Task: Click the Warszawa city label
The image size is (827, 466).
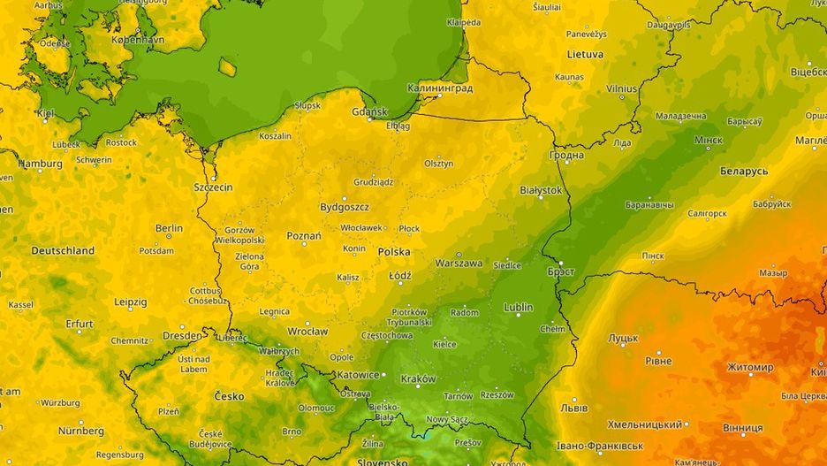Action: point(459,264)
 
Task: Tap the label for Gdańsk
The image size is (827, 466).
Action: point(369,112)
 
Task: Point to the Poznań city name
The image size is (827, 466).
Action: point(304,237)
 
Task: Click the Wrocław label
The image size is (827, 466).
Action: point(307,332)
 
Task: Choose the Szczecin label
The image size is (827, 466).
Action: point(213,187)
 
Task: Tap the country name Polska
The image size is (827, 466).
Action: point(394,252)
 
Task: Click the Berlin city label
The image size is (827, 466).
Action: point(169,228)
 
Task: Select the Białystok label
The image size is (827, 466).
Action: point(541,190)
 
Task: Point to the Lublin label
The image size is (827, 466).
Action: point(518,308)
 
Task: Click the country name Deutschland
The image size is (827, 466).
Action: point(63,251)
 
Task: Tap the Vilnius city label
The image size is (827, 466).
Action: point(621,89)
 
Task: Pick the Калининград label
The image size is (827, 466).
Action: point(440,88)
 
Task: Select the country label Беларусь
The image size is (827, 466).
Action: point(744,171)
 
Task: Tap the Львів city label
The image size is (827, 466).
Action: point(574,409)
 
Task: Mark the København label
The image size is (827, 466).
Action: point(139,41)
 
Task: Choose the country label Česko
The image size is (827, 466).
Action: point(230,396)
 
